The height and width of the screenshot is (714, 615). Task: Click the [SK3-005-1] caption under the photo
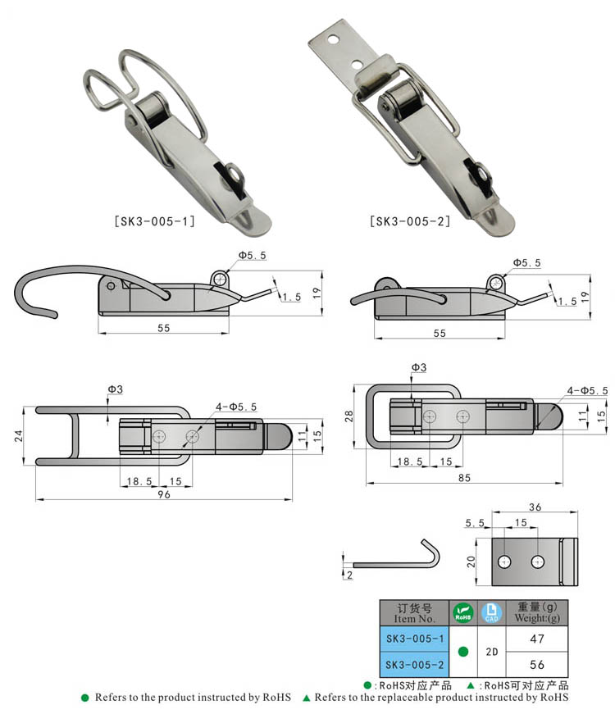[154, 222]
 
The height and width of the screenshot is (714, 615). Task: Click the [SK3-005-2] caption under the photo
[410, 222]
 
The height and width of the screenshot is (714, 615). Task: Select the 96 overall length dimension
[164, 494]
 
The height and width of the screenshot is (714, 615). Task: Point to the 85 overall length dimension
[464, 478]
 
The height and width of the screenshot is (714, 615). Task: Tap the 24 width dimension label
[18, 436]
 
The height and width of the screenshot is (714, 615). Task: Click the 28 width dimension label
[349, 416]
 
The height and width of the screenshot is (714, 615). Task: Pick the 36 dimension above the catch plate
[535, 507]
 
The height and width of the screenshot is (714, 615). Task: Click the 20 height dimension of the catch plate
[471, 562]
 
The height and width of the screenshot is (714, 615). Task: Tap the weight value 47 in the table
[537, 639]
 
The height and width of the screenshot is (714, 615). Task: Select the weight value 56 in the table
[537, 665]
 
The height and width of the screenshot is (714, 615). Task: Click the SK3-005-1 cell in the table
[415, 639]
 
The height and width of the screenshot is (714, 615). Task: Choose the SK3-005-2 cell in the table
[415, 665]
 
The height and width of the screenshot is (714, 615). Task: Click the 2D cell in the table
[491, 652]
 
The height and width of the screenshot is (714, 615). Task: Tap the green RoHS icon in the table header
[462, 613]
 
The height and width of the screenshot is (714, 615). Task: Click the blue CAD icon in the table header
[491, 613]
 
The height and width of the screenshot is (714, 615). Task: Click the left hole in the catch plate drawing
[504, 562]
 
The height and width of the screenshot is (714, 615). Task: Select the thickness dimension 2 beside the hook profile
[349, 575]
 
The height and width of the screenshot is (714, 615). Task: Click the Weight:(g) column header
[537, 613]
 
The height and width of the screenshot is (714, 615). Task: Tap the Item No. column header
[415, 613]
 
